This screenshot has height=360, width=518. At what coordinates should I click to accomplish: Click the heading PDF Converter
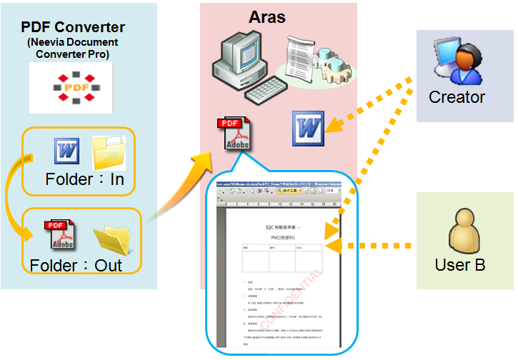73,28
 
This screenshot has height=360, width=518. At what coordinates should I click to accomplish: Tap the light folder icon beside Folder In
107,151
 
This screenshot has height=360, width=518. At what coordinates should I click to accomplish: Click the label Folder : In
84,179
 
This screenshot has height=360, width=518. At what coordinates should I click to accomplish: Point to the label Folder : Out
76,266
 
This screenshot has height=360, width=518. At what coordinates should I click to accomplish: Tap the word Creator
457,97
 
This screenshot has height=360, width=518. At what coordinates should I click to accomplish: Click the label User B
460,265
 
